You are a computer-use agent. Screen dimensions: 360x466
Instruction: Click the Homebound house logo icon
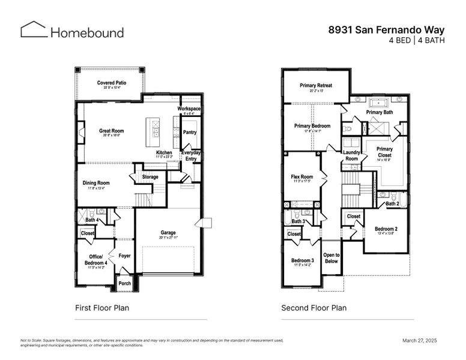[33, 30]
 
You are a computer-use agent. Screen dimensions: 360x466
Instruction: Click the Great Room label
[111, 131]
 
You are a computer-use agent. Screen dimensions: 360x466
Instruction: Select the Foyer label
[124, 256]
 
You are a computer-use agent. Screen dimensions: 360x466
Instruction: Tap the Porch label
[124, 283]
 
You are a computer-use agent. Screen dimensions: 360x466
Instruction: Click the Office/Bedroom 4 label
[95, 260]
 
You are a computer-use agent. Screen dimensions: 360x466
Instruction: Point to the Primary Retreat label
[316, 86]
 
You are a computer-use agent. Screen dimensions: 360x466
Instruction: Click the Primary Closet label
[384, 152]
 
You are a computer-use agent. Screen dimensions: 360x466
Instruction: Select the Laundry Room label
[351, 155]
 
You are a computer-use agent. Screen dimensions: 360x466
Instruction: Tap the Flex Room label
[302, 177]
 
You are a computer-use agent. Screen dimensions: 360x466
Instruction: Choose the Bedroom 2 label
[386, 229]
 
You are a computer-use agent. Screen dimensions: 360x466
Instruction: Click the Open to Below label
[331, 258]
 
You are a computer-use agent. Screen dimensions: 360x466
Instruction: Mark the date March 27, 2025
[420, 340]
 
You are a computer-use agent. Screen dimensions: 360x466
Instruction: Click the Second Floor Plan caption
[313, 308]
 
